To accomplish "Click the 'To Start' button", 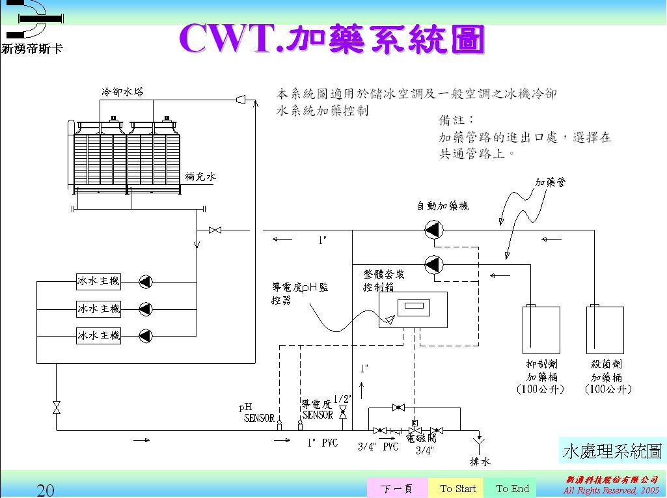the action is click(x=458, y=488).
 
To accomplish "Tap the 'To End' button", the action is click(x=512, y=488).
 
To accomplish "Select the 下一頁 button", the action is click(x=398, y=488).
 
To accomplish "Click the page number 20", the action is click(x=46, y=490).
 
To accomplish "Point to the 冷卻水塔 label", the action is click(x=122, y=92).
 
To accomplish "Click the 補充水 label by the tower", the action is click(x=200, y=176).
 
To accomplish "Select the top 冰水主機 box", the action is click(x=98, y=281).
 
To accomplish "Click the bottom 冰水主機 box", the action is click(x=98, y=335).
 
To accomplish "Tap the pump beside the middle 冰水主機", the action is click(x=146, y=309).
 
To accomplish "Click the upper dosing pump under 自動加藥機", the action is click(x=434, y=230).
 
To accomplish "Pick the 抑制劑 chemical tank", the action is click(x=541, y=329).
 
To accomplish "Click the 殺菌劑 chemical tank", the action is click(x=605, y=329).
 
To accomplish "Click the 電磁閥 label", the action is click(x=421, y=438).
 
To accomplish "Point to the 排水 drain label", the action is click(x=480, y=462).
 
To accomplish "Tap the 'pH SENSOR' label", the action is click(x=257, y=413).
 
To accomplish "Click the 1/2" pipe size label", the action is click(x=342, y=399).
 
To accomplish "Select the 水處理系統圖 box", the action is click(x=612, y=450).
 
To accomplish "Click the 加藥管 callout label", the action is click(x=551, y=182).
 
